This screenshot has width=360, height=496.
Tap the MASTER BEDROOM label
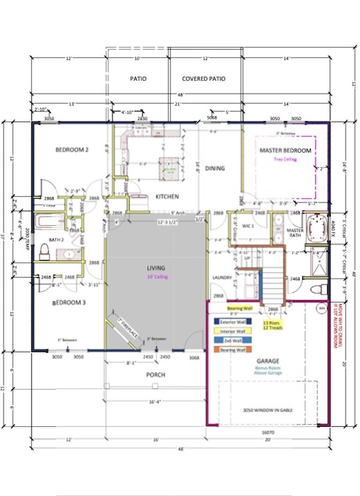pyautogui.click(x=285, y=151)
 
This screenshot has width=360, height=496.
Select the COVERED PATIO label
pyautogui.click(x=204, y=79)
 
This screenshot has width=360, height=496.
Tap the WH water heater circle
pyautogui.click(x=322, y=308)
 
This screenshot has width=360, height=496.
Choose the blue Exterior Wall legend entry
pyautogui.click(x=232, y=321)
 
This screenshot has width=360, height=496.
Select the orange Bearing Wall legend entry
pyautogui.click(x=232, y=350)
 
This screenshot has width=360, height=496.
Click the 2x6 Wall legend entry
pyautogui.click(x=232, y=340)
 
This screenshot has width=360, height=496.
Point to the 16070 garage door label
pyautogui.click(x=268, y=432)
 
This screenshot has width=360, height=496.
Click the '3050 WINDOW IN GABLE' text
pyautogui.click(x=268, y=410)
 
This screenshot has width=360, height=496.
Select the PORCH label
pyautogui.click(x=156, y=375)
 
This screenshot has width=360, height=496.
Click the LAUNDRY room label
pyautogui.click(x=222, y=277)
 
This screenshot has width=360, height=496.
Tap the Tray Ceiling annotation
pyautogui.click(x=284, y=159)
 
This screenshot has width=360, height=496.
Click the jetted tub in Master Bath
pyautogui.click(x=316, y=228)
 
